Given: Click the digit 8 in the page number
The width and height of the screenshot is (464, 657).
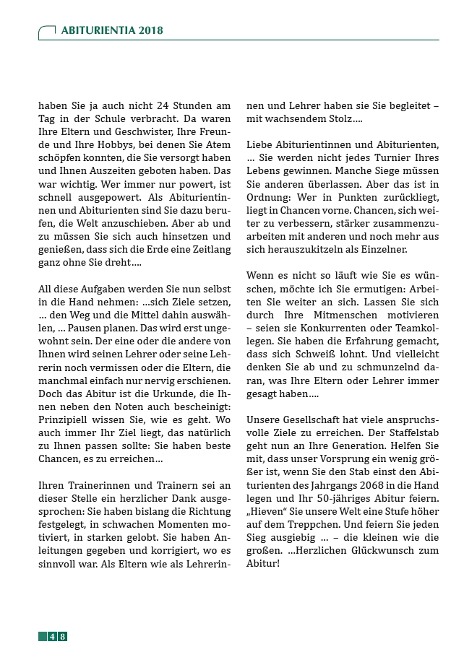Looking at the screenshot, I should click(x=63, y=636).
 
